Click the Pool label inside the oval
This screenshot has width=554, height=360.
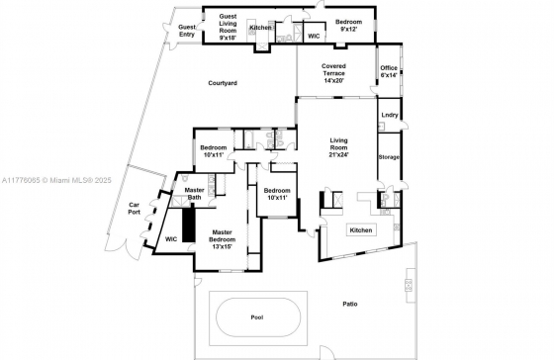coord(257,317)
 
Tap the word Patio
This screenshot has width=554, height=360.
coord(350,304)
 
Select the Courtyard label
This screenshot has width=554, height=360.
coord(223,83)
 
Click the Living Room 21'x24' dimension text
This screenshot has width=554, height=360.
coord(338,154)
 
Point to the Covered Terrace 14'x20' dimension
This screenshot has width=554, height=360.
coord(333,80)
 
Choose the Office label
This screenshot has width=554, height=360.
coord(389,68)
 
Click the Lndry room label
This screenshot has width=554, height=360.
coord(390,115)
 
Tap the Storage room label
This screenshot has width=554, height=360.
coord(389,157)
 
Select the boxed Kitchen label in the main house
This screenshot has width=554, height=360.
coord(361,230)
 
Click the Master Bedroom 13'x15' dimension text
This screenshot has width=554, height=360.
coord(223,246)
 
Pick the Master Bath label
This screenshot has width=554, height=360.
coord(194,194)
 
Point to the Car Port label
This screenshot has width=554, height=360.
coord(134,209)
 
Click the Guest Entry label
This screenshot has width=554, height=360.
coord(187,31)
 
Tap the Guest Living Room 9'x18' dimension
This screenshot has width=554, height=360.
coord(228,38)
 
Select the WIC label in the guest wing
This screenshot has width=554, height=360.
coord(314,36)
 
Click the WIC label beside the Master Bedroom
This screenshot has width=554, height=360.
coord(171,239)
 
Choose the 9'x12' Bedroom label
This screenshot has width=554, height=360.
coord(348,26)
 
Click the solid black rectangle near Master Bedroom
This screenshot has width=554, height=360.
coord(189,225)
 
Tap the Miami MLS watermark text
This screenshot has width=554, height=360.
coord(56,181)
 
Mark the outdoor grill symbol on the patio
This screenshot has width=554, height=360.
coord(409,285)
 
